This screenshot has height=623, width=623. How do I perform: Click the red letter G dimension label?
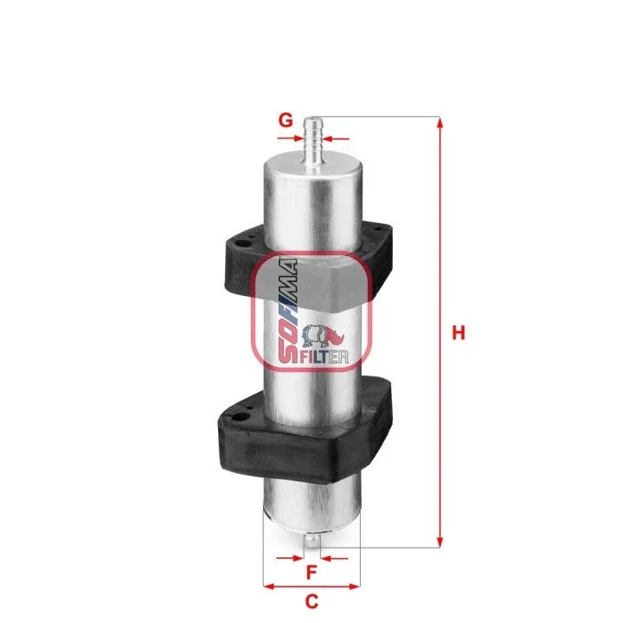click(x=286, y=119)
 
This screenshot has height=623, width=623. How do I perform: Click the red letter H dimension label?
click(x=459, y=332)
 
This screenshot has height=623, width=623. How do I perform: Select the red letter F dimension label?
click(x=311, y=573)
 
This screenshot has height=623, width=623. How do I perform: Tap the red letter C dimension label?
click(x=311, y=601)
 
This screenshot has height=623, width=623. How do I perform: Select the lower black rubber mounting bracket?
click(x=305, y=434)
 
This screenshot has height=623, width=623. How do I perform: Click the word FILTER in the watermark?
click(x=324, y=356)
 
